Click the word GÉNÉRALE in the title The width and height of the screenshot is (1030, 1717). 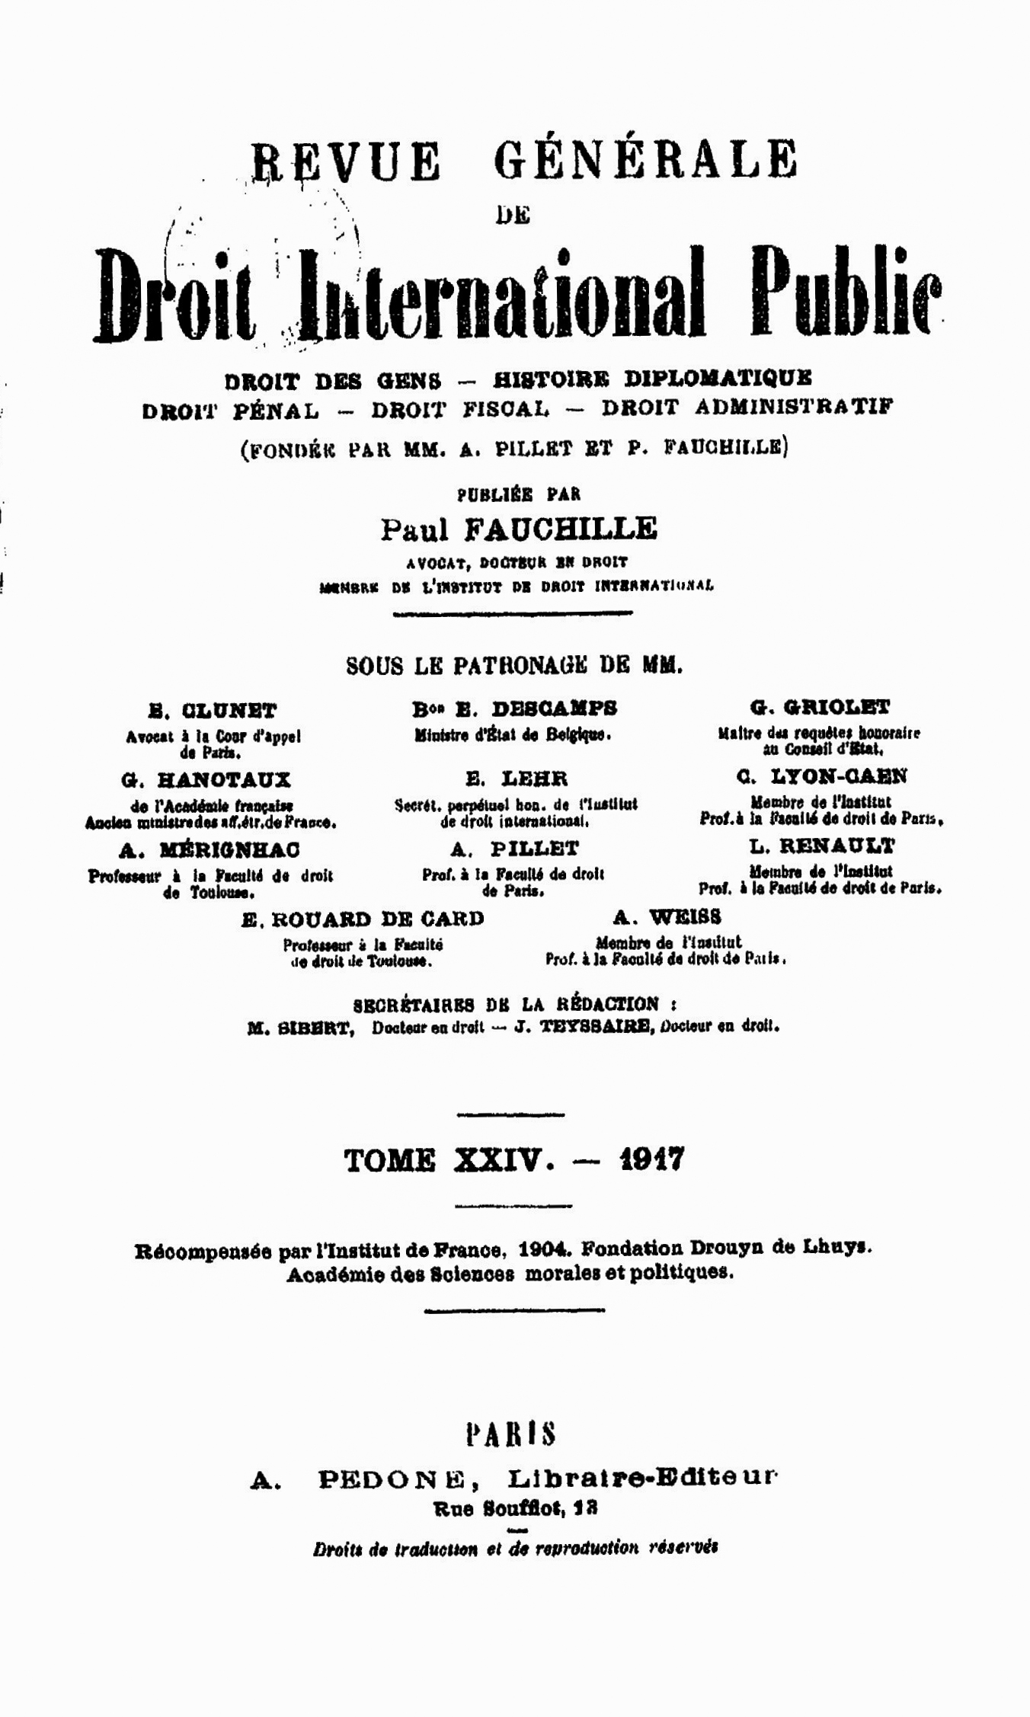click(x=645, y=161)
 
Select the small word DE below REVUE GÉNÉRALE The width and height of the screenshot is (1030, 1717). click(x=513, y=216)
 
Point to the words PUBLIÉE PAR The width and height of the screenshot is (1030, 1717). click(x=518, y=494)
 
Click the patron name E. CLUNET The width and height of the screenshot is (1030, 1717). click(x=213, y=711)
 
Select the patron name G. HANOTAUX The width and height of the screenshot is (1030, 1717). click(x=206, y=780)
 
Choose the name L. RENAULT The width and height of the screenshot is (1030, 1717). click(x=821, y=846)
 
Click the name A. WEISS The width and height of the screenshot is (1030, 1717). click(x=667, y=916)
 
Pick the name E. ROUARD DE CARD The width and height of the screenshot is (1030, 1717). click(x=363, y=919)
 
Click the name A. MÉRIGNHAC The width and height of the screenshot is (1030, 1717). click(x=210, y=849)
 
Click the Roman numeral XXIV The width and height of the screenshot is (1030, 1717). click(x=501, y=1161)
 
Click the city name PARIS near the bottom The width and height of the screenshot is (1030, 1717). click(x=510, y=1434)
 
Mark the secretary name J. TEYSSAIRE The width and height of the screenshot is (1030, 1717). click(x=584, y=1027)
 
